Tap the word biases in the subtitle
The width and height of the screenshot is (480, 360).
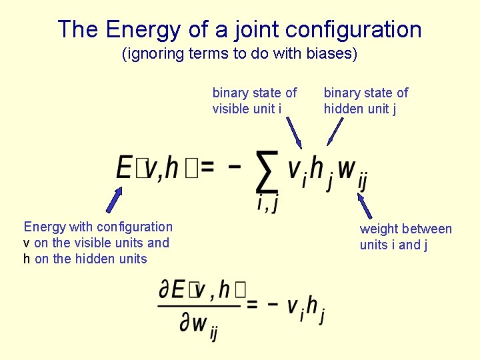(x=331, y=54)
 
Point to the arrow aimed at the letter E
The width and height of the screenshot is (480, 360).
(x=115, y=198)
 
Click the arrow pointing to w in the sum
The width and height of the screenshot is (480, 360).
(x=364, y=204)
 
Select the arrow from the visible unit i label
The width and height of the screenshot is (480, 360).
(x=295, y=131)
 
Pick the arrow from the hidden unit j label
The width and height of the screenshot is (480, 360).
(x=334, y=132)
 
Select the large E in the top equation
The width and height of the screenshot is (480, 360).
(x=124, y=167)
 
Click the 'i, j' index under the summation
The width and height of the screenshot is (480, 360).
(x=267, y=203)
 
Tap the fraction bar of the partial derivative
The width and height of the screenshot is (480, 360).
(x=198, y=307)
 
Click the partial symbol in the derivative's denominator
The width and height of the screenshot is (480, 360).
(x=185, y=324)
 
